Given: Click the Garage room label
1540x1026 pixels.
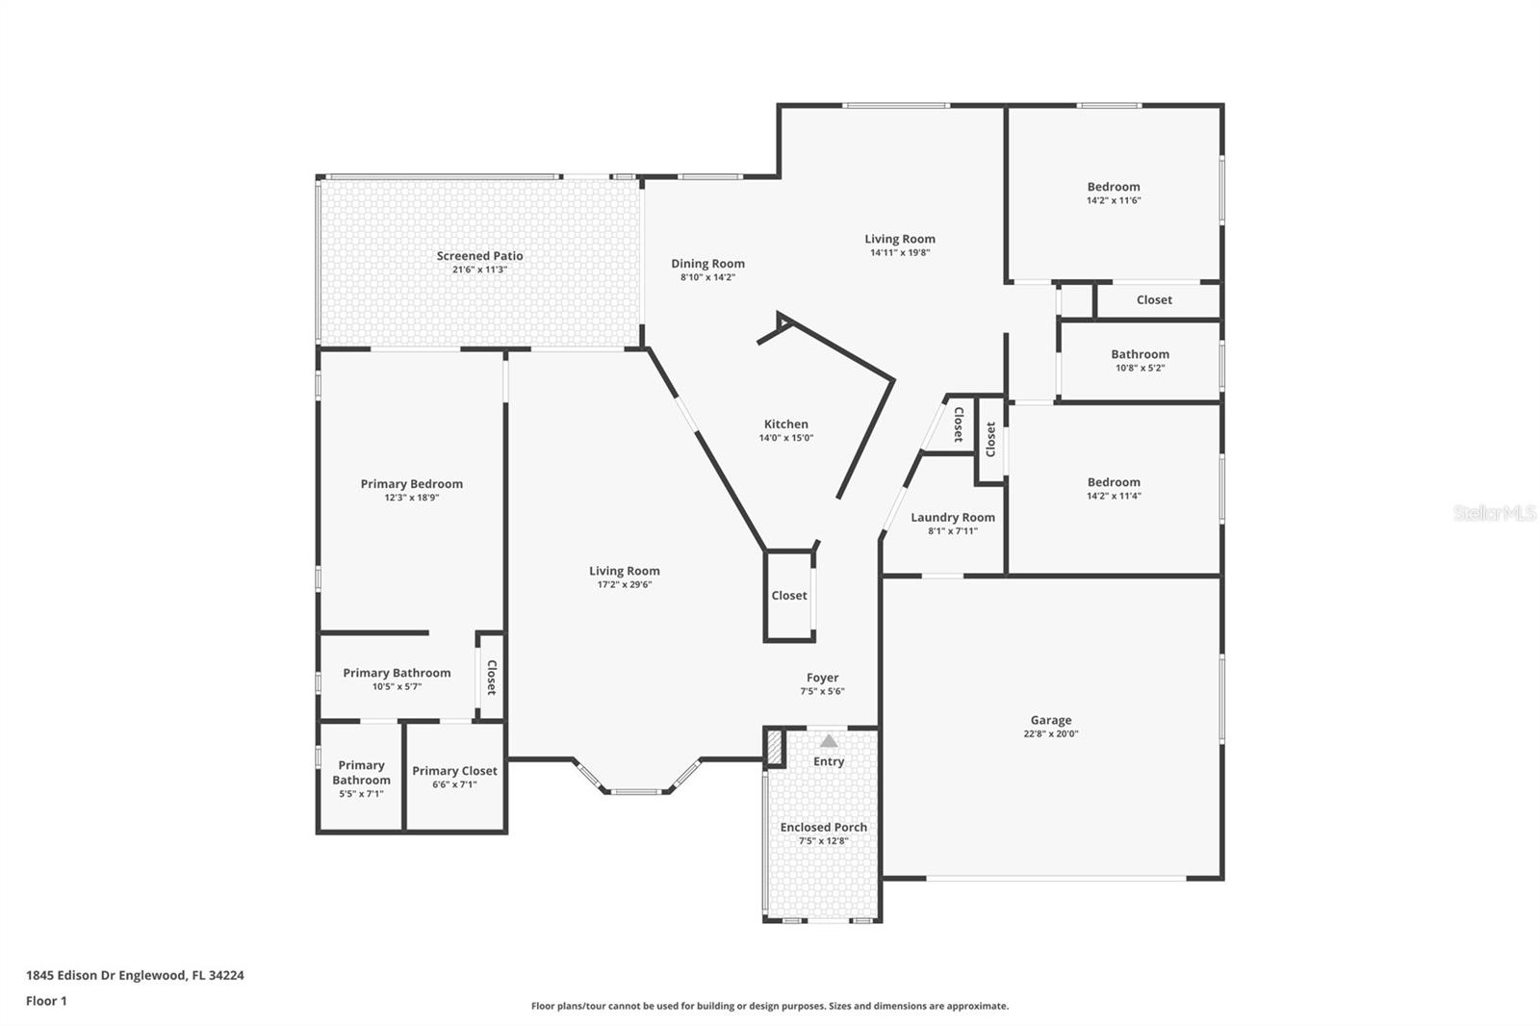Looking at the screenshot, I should pyautogui.click(x=1050, y=720).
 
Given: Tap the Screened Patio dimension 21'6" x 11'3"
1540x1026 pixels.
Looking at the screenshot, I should pyautogui.click(x=479, y=270).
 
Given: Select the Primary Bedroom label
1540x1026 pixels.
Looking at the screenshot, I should pyautogui.click(x=411, y=484).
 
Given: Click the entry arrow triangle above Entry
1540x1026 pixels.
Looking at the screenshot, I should pyautogui.click(x=829, y=741).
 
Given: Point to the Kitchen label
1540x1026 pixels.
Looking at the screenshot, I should pyautogui.click(x=785, y=424).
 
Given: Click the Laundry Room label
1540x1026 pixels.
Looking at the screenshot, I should pyautogui.click(x=952, y=518).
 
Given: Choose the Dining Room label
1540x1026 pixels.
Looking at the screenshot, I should pyautogui.click(x=707, y=264).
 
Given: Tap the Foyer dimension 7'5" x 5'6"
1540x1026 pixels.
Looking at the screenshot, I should pyautogui.click(x=822, y=691).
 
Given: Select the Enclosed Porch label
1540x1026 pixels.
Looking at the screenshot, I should pyautogui.click(x=823, y=828).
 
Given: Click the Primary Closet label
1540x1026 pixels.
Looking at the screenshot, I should pyautogui.click(x=454, y=771).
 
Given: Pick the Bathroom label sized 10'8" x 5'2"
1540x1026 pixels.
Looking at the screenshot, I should pyautogui.click(x=1140, y=354).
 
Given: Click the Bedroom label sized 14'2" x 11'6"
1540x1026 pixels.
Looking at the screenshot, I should pyautogui.click(x=1113, y=187).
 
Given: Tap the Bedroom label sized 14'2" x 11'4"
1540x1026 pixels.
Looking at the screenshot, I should pyautogui.click(x=1113, y=482).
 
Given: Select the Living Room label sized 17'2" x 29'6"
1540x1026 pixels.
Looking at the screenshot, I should pyautogui.click(x=624, y=571).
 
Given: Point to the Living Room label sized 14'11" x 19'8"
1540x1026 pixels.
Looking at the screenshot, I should pyautogui.click(x=899, y=239).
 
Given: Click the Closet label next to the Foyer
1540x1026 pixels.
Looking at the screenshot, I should pyautogui.click(x=788, y=596).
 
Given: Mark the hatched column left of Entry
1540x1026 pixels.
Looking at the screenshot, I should pyautogui.click(x=774, y=748).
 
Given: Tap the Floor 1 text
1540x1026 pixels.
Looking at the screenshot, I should pyautogui.click(x=46, y=1001).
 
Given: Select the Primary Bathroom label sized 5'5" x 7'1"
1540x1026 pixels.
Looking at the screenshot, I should pyautogui.click(x=361, y=773).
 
